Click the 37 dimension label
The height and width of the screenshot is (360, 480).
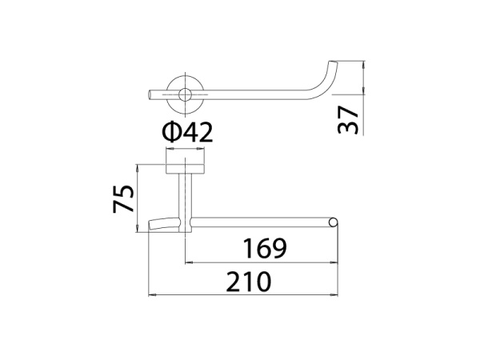pyautogui.click(x=348, y=120)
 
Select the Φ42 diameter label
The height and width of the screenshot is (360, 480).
pyautogui.click(x=187, y=132)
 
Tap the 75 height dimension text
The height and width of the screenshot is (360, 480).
pyautogui.click(x=123, y=198)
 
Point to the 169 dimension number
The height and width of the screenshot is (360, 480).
pyautogui.click(x=265, y=248)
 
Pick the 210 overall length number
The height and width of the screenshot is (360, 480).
pyautogui.click(x=249, y=282)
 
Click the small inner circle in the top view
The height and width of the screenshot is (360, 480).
pyautogui.click(x=185, y=95)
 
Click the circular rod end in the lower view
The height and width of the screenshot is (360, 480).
pyautogui.click(x=333, y=222)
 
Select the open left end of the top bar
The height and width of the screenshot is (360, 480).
pyautogui.click(x=150, y=94)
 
